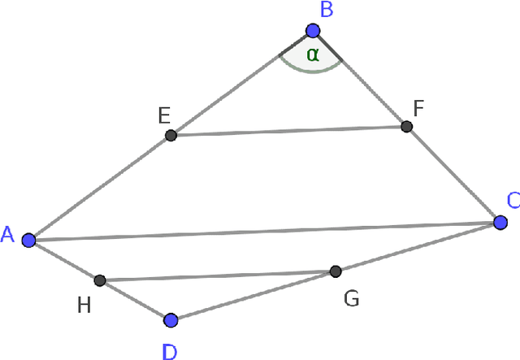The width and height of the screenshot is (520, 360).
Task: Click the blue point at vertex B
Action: [313, 31]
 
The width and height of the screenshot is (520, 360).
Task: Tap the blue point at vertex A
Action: [28, 240]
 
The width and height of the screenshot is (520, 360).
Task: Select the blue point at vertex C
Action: [500, 222]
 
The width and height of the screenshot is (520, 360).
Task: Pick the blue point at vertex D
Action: [170, 320]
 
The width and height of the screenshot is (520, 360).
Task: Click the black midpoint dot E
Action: [171, 135]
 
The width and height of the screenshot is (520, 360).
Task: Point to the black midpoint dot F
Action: [407, 126]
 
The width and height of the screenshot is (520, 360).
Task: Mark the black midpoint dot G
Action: [335, 271]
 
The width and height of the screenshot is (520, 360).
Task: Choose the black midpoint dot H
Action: [99, 280]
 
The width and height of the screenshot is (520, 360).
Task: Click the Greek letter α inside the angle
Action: [313, 54]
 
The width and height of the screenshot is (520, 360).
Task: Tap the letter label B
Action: [327, 11]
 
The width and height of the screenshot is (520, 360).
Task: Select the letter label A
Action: [8, 235]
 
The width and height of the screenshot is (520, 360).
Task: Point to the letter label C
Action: [513, 200]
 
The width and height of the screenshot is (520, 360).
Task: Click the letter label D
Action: [169, 352]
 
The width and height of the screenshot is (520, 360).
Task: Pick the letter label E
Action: [163, 115]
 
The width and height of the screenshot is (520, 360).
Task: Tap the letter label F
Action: [418, 107]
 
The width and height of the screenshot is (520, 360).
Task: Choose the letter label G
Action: [351, 299]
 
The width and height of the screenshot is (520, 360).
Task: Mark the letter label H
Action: [84, 305]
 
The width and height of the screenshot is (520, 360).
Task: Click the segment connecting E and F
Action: [288, 131]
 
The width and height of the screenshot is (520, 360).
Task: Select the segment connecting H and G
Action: [217, 275]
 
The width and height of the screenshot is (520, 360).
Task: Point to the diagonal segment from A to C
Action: [264, 231]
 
